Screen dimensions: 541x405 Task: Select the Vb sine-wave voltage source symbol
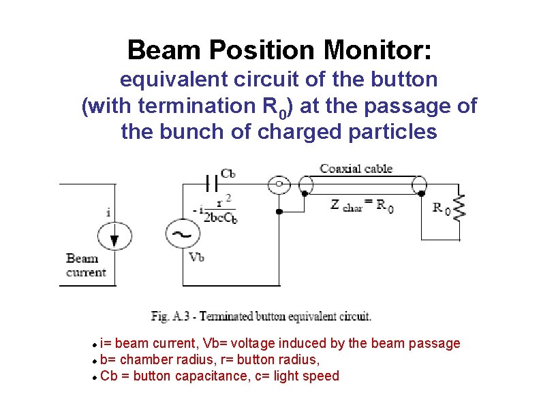pyautogui.click(x=183, y=234)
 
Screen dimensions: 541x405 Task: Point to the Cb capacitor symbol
pyautogui.click(x=211, y=183)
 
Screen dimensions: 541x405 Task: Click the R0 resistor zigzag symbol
pyautogui.click(x=461, y=207)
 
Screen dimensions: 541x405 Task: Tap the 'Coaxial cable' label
pyautogui.click(x=356, y=169)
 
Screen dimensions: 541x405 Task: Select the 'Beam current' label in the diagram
pyautogui.click(x=86, y=265)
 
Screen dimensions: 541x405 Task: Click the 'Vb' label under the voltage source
pyautogui.click(x=197, y=257)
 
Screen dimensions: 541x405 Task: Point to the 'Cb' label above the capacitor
pyautogui.click(x=228, y=174)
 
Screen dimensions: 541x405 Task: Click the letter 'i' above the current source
pyautogui.click(x=109, y=212)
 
